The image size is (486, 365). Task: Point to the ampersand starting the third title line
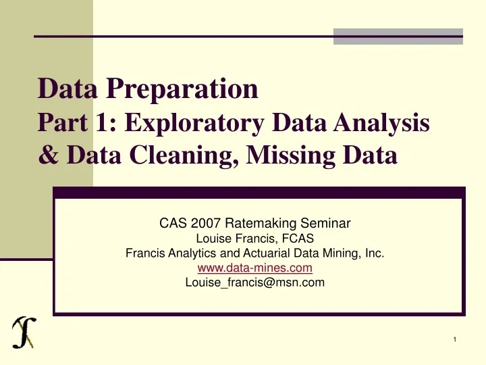click(x=47, y=156)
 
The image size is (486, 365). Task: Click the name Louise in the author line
click(x=211, y=239)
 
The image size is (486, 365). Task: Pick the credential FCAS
click(x=298, y=239)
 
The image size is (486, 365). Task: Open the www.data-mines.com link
click(x=254, y=268)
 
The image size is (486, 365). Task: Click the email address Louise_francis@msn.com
click(x=254, y=283)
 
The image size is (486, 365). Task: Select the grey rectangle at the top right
click(x=398, y=36)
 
